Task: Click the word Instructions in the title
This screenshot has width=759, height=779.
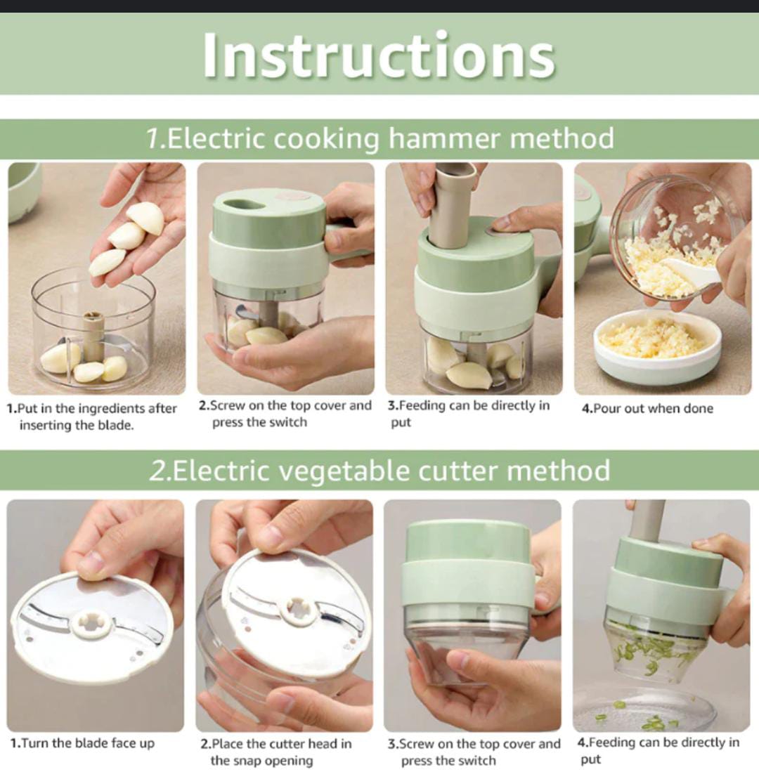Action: pyautogui.click(x=379, y=55)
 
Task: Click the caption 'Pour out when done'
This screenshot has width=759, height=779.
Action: pyautogui.click(x=653, y=408)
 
